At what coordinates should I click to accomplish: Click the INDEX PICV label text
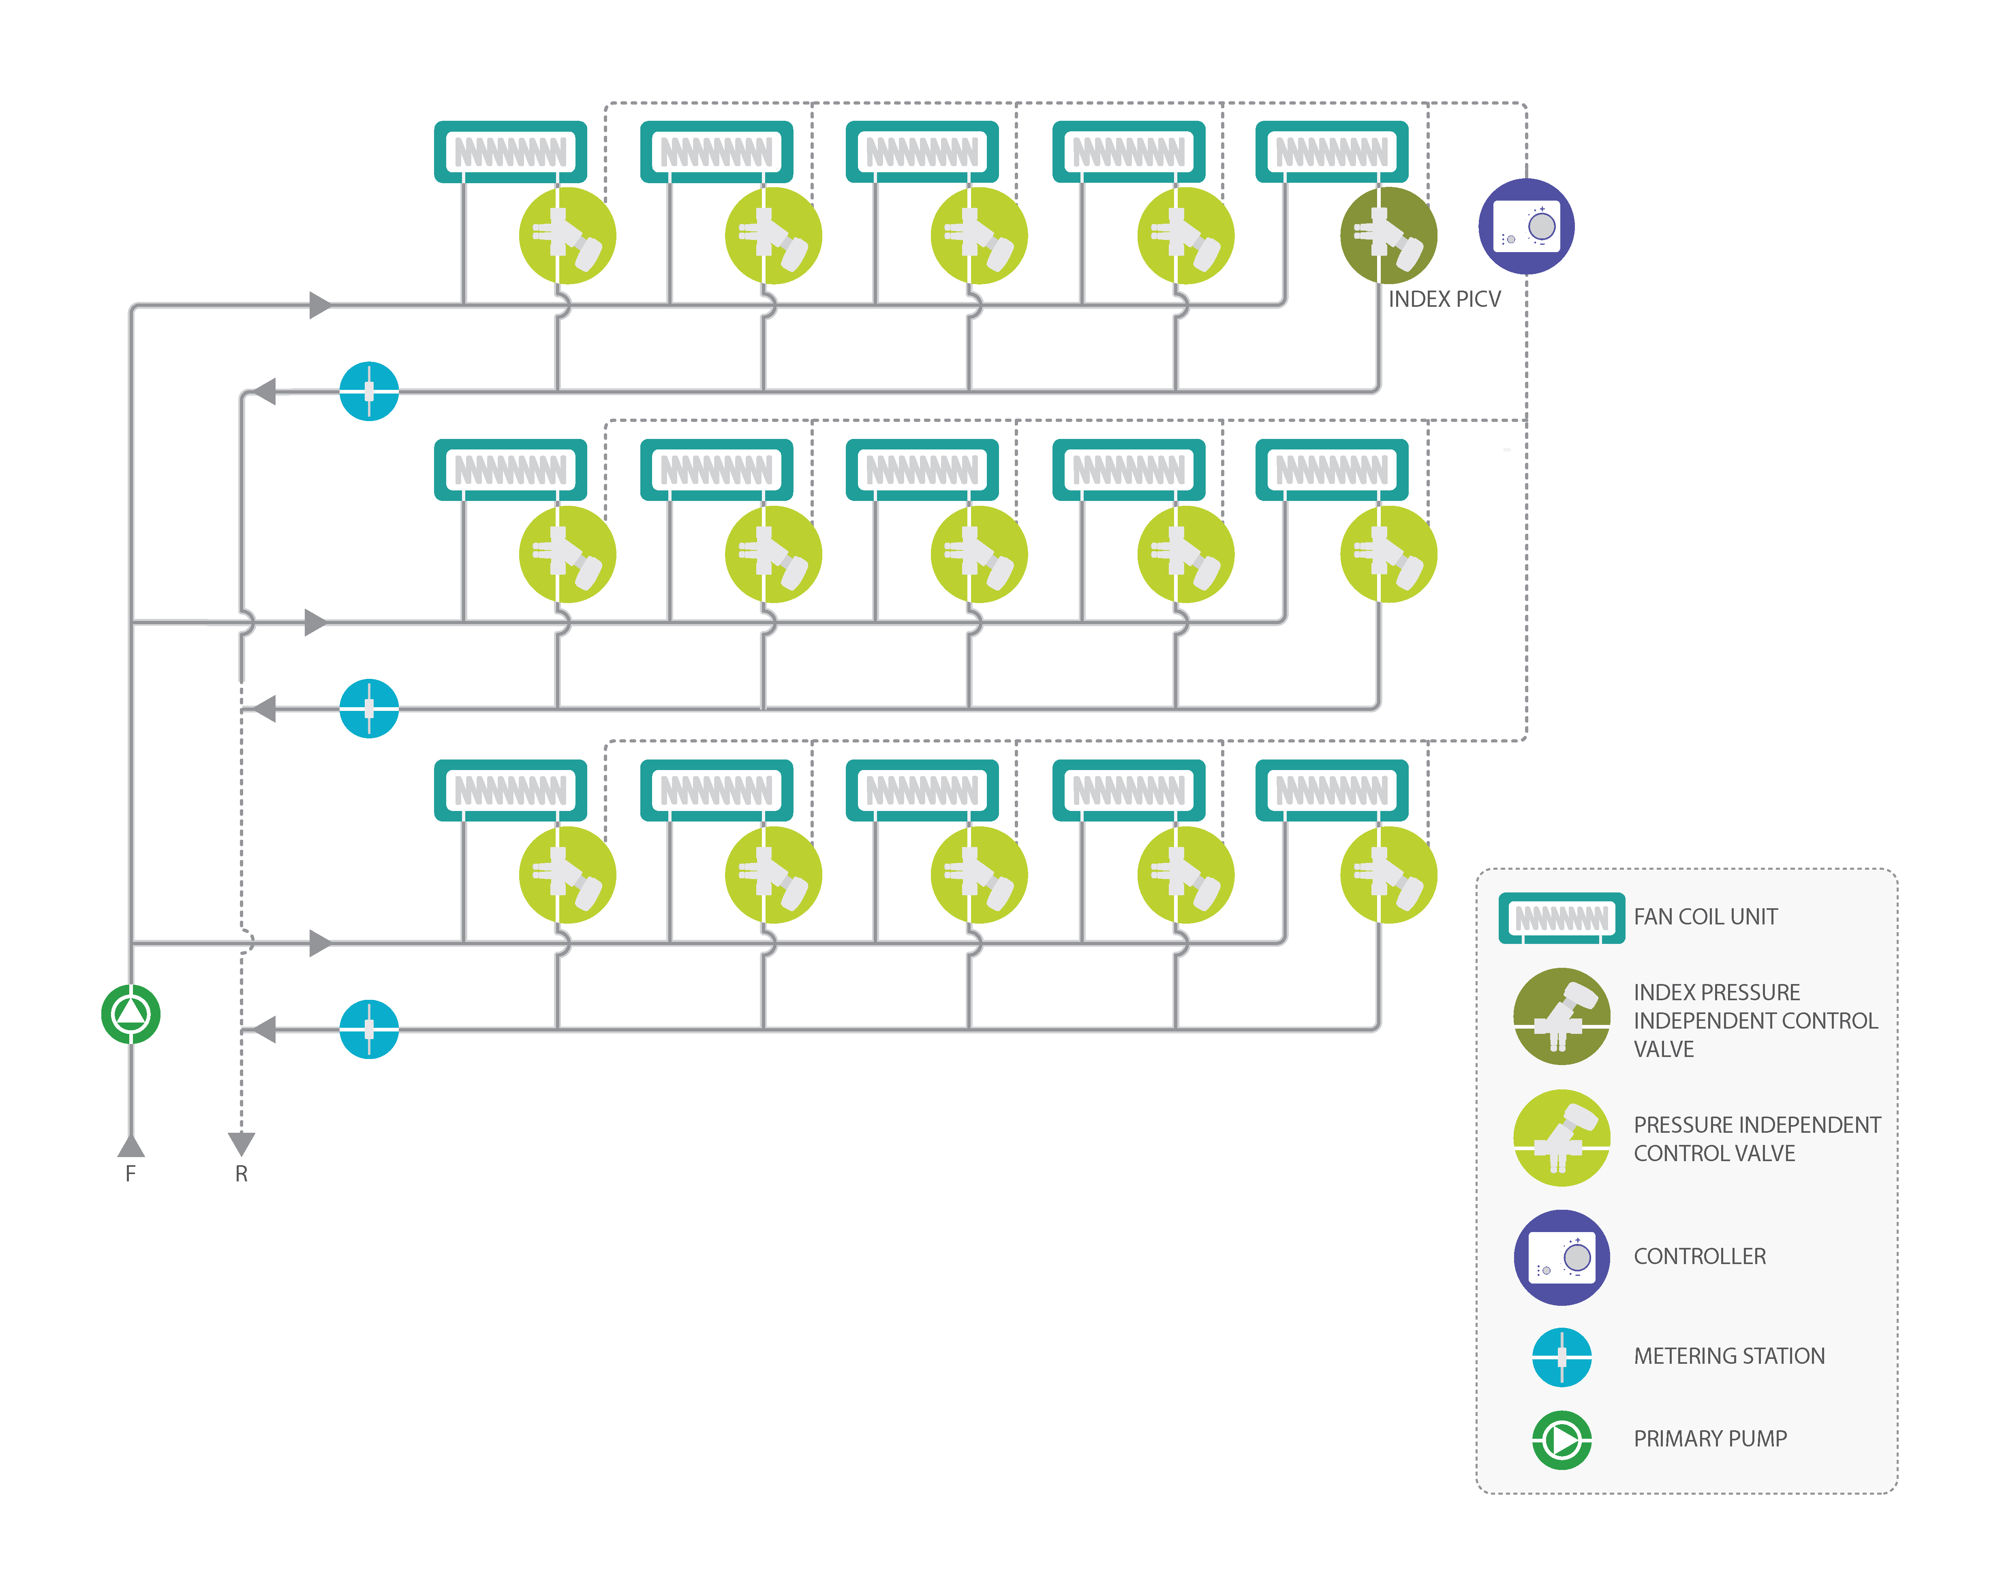1444,299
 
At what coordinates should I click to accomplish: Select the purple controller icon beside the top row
1526,227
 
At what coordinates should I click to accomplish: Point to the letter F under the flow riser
131,1174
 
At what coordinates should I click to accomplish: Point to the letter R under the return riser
241,1174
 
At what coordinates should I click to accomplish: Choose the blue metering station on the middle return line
369,709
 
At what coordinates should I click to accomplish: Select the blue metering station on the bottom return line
369,1029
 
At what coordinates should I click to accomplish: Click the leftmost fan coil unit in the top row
510,151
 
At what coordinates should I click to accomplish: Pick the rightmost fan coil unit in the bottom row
1332,791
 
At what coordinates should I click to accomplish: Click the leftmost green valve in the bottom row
567,875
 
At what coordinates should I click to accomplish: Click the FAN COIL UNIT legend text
1705,917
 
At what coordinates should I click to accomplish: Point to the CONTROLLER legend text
1699,1256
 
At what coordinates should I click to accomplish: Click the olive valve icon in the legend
1561,1016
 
